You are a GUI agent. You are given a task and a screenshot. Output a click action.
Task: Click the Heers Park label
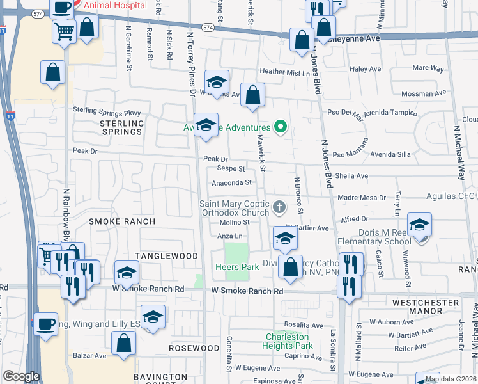pyautogui.click(x=236, y=267)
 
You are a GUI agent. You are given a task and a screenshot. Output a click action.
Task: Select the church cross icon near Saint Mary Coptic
pyautogui.click(x=279, y=207)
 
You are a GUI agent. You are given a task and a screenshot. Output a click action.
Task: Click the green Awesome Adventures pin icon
pyautogui.click(x=279, y=127)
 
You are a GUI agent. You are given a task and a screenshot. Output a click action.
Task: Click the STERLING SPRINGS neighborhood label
pyautogui.click(x=121, y=127)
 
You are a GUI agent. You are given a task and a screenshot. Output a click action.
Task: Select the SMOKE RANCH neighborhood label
pyautogui.click(x=122, y=221)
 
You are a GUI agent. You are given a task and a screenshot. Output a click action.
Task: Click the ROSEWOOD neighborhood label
pyautogui.click(x=194, y=348)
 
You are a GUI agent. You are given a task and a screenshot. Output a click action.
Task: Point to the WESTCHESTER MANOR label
pyautogui.click(x=435, y=307)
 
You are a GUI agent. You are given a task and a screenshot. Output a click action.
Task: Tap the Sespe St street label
pyautogui.click(x=231, y=169)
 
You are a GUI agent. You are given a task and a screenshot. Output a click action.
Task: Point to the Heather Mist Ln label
pyautogui.click(x=284, y=73)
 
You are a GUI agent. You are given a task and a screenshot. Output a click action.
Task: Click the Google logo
pyautogui.click(x=21, y=376)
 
